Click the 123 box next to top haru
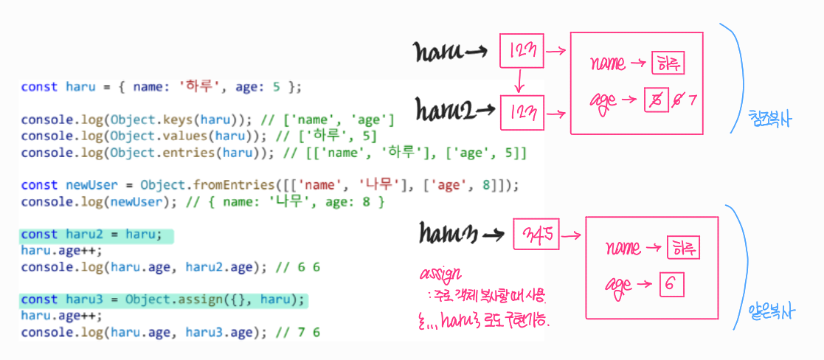pyautogui.click(x=522, y=51)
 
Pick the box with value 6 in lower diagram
pyautogui.click(x=672, y=284)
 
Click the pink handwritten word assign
pyautogui.click(x=440, y=274)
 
